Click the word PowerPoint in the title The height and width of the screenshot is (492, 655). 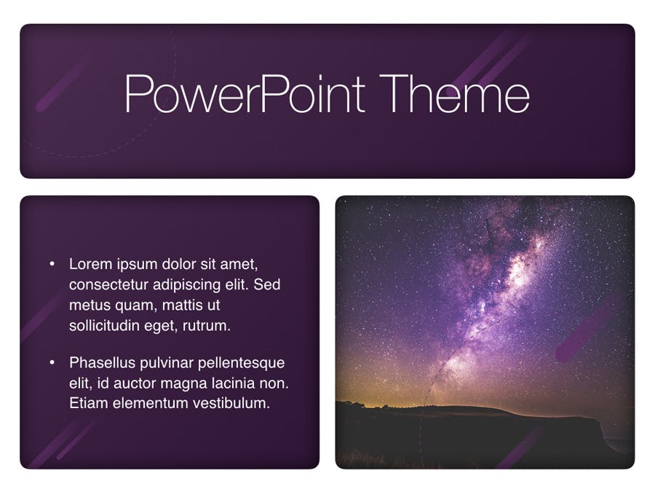point(245,93)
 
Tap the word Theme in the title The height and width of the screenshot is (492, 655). point(454,93)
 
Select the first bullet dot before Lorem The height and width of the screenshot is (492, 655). point(52,264)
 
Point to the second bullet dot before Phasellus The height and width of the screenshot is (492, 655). point(52,362)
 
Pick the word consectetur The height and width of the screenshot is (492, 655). point(108,284)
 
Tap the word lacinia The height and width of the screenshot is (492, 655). point(233,383)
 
